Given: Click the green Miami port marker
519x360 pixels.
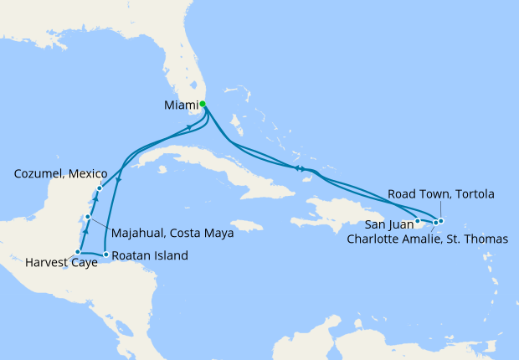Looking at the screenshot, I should pos(203,105).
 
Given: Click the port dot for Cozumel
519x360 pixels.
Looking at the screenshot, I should pos(99,188).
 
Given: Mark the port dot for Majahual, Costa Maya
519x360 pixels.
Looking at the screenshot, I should pos(87,217).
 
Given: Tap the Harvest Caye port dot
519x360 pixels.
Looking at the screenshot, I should pos(78,252).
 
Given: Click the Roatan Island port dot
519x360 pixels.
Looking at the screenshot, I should pos(105,254).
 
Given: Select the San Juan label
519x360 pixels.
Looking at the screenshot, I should pos(387,224).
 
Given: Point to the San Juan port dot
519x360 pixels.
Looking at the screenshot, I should pos(418,222).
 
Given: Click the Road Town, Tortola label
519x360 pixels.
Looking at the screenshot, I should pos(440,194).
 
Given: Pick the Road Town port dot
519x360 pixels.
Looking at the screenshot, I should pos(440,221).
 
